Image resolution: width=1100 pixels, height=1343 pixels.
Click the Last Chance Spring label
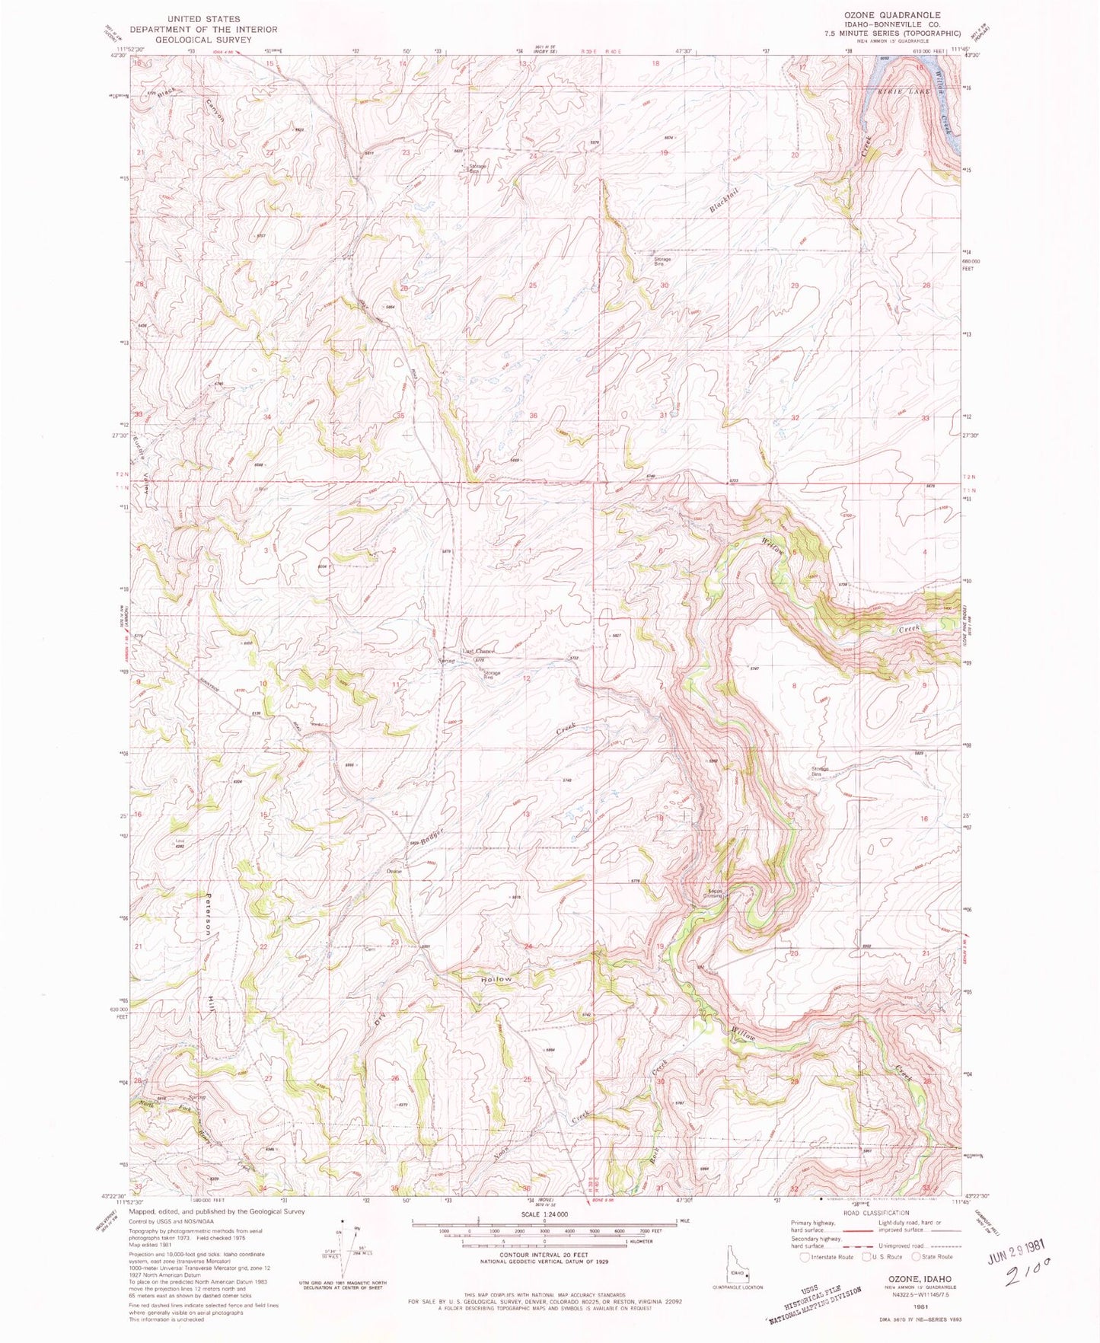[479, 652]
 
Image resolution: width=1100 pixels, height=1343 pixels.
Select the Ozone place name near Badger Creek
[394, 871]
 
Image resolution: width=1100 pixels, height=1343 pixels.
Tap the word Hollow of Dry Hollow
[496, 978]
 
